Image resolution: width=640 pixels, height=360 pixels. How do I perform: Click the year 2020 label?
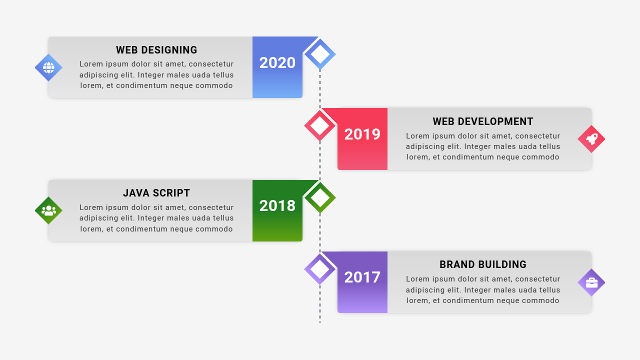point(277,63)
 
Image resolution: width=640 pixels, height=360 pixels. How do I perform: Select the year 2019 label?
point(362,134)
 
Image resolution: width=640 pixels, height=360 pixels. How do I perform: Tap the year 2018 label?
point(277,206)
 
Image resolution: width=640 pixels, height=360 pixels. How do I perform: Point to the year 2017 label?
point(362,277)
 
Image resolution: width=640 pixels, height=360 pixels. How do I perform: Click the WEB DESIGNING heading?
point(156,50)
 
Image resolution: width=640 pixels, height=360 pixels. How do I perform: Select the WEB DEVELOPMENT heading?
point(483,121)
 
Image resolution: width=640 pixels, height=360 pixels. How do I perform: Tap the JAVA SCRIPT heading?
point(156,193)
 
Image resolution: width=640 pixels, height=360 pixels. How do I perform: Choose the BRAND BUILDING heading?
point(483,264)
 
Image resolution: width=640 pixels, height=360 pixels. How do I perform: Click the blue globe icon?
point(48,67)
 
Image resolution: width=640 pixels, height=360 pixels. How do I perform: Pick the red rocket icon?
point(591,139)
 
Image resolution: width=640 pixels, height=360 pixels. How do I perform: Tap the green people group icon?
point(48,210)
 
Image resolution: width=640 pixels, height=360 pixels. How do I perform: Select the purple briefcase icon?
point(591,282)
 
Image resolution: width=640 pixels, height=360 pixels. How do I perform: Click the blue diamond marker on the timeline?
point(320,54)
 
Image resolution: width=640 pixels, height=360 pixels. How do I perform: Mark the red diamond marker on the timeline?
point(320,125)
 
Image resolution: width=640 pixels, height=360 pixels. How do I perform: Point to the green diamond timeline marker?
point(320,197)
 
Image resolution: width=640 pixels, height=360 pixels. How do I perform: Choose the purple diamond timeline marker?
point(320,269)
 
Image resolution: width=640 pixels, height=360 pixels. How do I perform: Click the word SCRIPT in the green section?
point(171,193)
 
